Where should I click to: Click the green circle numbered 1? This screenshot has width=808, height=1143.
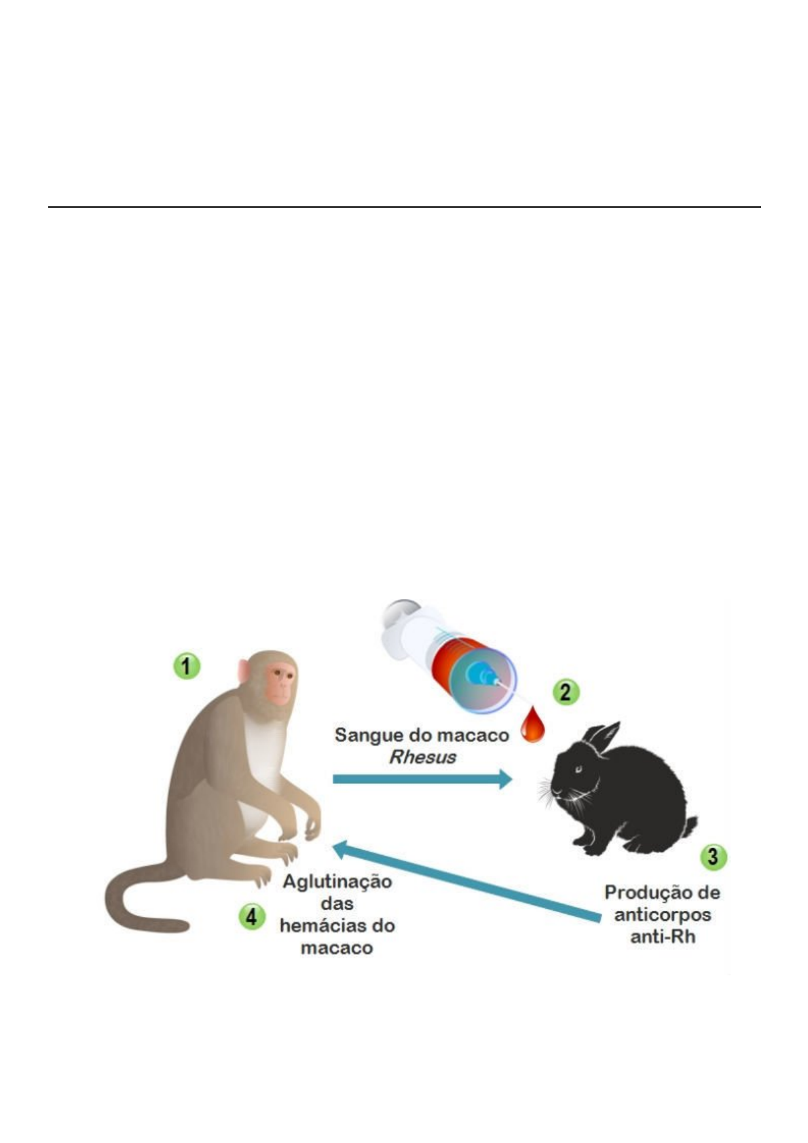pos(186,666)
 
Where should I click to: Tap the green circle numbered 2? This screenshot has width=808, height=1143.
pos(566,692)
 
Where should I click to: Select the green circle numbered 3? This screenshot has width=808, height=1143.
pos(713,857)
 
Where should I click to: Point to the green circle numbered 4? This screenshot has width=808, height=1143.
pos(251,917)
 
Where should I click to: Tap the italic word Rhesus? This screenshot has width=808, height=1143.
pos(422,757)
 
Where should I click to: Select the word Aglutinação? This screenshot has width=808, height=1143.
pos(337,882)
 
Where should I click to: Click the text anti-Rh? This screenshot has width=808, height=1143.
pos(663,937)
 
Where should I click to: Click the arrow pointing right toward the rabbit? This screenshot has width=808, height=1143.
pos(421,779)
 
